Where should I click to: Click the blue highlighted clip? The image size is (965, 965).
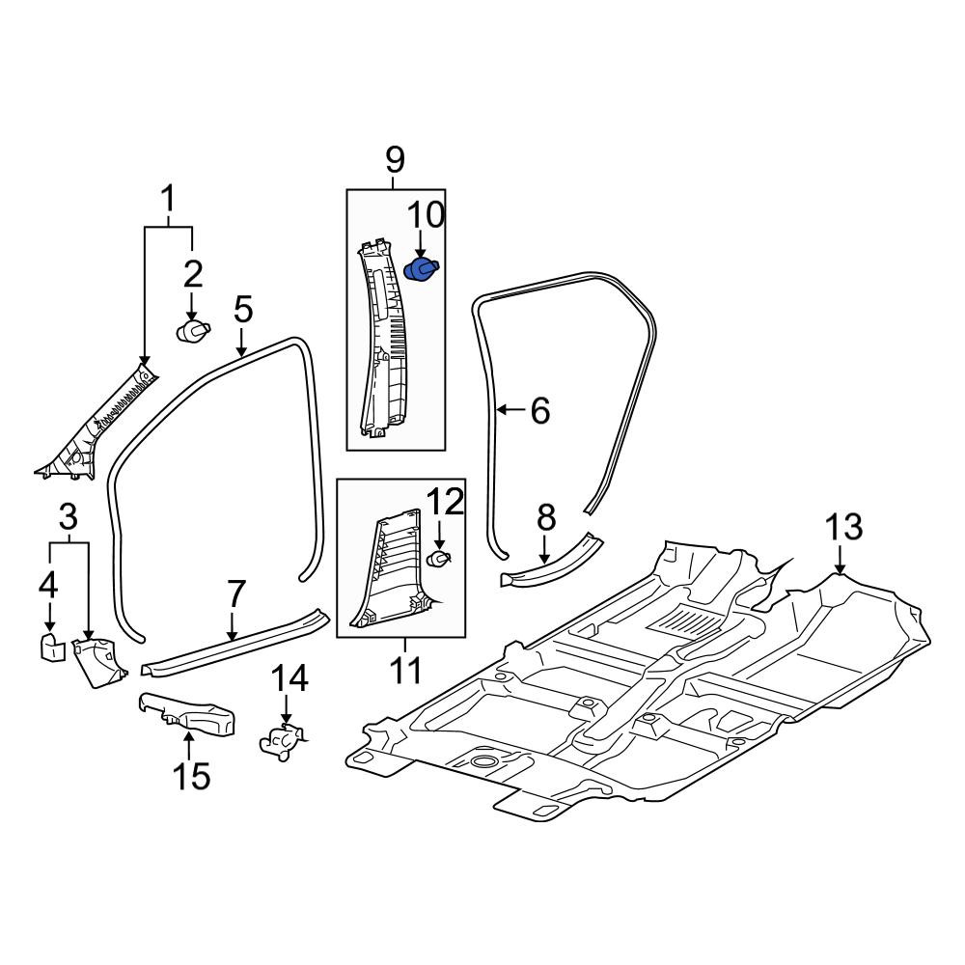[422, 271]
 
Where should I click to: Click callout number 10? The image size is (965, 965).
[426, 215]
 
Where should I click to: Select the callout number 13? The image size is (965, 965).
[843, 528]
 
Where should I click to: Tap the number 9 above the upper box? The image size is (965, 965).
[395, 160]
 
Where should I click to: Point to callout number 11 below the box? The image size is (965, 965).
[405, 670]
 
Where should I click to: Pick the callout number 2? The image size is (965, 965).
[193, 274]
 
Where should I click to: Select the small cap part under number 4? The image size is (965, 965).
[52, 648]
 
